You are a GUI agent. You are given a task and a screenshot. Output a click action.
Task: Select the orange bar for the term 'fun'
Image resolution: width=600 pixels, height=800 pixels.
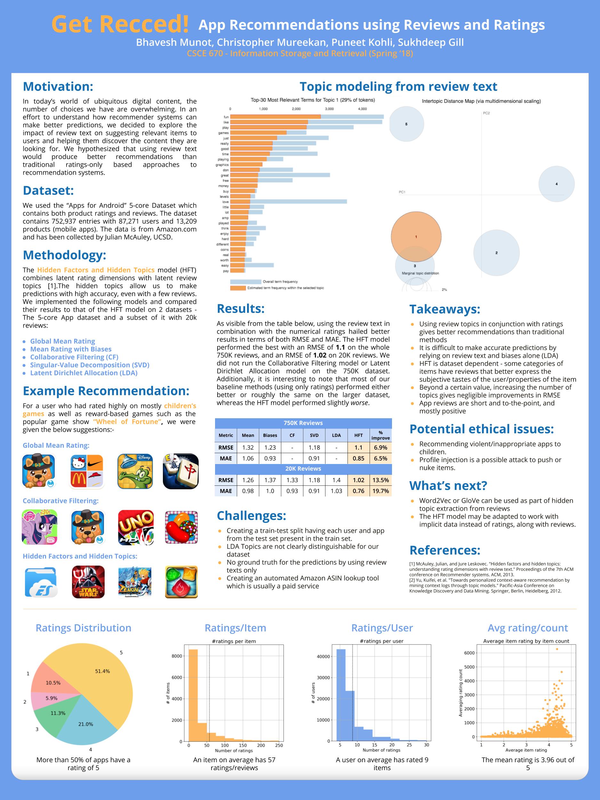275,117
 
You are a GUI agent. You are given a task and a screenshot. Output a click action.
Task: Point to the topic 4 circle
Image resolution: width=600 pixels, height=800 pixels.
556,184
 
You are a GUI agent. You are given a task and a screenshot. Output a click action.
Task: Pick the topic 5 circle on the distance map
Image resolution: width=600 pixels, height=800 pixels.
406,124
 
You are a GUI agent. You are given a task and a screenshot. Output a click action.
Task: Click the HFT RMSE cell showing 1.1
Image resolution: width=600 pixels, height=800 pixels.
358,447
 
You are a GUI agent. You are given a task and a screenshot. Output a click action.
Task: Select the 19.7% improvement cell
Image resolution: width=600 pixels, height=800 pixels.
380,491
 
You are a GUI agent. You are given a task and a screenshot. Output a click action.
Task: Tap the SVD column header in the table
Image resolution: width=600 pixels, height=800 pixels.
314,435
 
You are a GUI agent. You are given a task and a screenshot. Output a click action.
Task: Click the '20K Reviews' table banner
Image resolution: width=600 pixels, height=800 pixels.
303,468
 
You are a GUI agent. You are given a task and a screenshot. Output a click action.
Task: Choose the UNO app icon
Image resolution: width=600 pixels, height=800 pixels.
136,527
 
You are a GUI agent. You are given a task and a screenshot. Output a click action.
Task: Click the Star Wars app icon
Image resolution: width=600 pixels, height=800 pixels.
88,582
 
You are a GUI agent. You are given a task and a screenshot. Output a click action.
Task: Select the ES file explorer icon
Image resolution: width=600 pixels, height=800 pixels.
41,582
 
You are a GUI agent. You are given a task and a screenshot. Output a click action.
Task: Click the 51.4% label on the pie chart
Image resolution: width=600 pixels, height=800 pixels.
102,671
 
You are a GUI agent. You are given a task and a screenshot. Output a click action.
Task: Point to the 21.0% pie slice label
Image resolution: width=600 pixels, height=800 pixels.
86,724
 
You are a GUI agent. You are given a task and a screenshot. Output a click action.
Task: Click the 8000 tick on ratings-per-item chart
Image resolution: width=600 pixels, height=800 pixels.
177,656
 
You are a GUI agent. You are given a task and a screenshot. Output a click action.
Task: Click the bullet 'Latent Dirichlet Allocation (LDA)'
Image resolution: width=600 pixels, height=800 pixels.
84,373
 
